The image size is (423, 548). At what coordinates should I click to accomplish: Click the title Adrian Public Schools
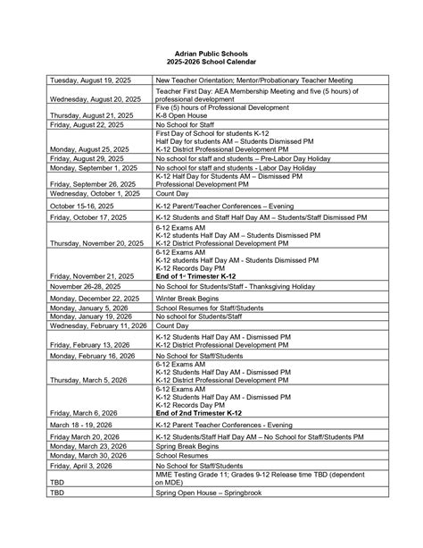point(211,54)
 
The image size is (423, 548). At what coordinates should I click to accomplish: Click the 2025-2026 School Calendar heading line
point(211,62)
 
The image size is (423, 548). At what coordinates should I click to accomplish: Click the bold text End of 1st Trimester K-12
point(197,277)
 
